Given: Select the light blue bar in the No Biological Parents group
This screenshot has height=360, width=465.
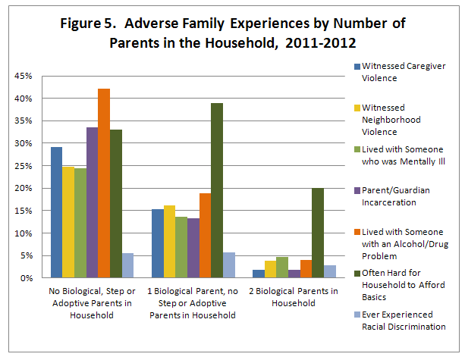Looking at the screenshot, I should tap(127, 265).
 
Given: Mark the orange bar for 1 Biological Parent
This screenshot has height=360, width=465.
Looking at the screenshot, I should tap(205, 236).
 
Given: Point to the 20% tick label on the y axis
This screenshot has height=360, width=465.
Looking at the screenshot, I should tap(24, 188).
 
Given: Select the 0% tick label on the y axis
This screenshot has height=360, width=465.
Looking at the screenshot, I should tap(26, 278).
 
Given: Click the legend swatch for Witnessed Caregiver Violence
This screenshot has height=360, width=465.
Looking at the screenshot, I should tap(357, 67).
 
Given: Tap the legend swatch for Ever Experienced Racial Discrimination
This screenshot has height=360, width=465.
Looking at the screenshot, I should tap(357, 314).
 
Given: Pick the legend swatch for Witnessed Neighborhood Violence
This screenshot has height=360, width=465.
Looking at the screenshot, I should tap(357, 108).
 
